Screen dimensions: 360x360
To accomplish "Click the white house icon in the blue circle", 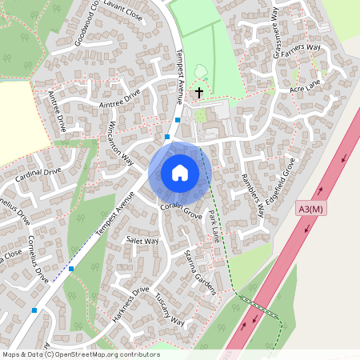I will [180, 173].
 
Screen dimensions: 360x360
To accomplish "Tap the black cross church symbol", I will [198, 93].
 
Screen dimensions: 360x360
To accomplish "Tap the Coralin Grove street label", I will [180, 210].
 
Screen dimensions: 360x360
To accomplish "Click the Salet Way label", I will [142, 241].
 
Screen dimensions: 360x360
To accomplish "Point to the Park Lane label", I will [214, 226].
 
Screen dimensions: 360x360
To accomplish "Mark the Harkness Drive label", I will [130, 303].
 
